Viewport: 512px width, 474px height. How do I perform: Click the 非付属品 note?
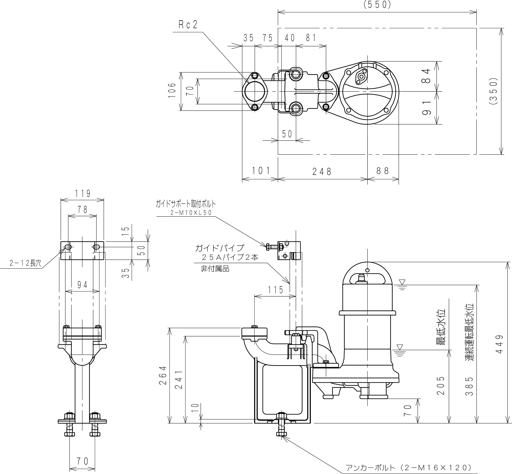(215, 269)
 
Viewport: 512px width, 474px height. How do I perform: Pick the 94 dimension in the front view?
(82, 285)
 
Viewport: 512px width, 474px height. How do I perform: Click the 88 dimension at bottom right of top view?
(383, 171)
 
